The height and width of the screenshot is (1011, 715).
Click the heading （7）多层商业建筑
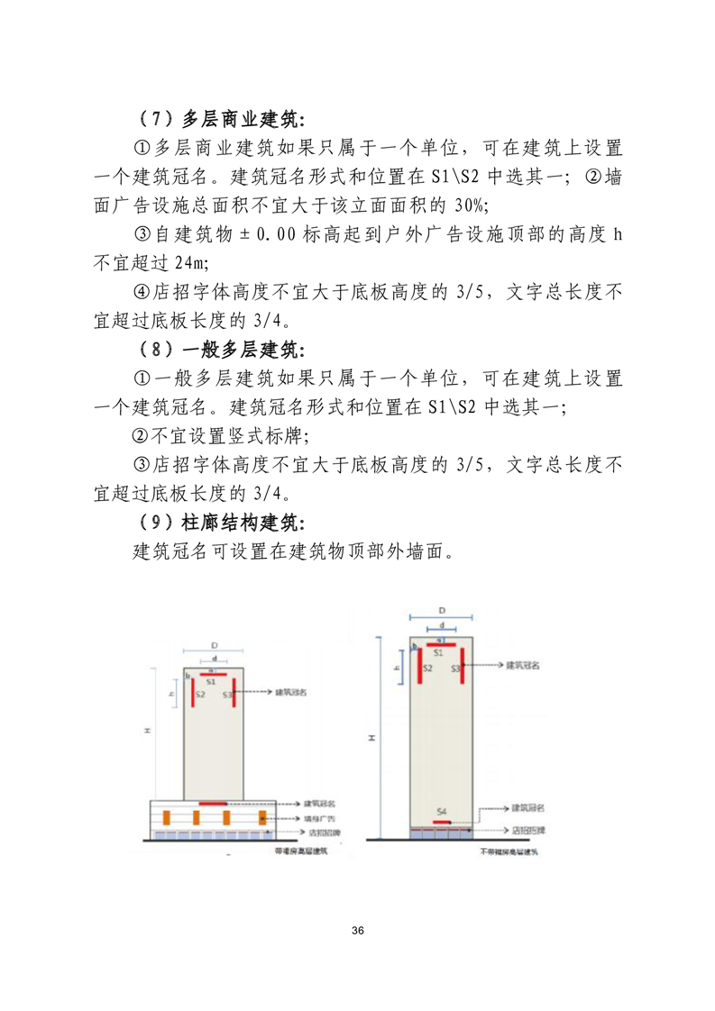click(x=222, y=119)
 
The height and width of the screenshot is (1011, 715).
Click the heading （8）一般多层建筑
click(x=222, y=349)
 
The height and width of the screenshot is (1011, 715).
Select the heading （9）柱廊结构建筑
click(x=222, y=523)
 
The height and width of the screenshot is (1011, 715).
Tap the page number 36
click(x=358, y=930)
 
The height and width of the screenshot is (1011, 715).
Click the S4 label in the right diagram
click(x=441, y=813)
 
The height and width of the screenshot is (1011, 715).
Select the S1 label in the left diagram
click(x=211, y=683)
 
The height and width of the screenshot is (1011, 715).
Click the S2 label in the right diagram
click(x=427, y=668)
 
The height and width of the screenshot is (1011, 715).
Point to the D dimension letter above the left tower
click(x=214, y=646)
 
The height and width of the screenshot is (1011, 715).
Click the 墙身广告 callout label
click(x=320, y=818)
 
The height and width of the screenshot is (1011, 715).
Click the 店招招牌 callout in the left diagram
click(x=320, y=833)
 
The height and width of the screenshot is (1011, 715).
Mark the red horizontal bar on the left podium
click(x=213, y=802)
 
